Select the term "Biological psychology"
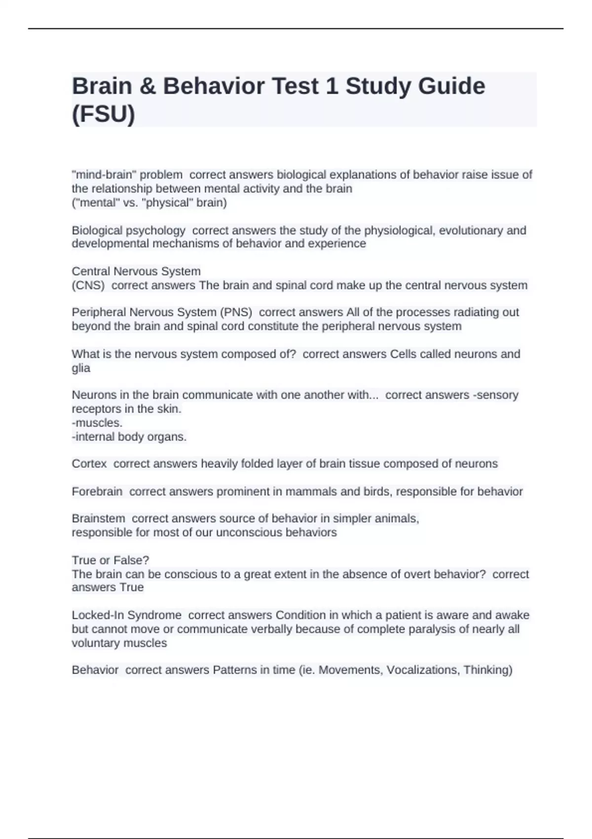pos(128,230)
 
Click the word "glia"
pos(81,368)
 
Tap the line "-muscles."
pos(97,423)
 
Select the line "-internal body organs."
pos(129,437)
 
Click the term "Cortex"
pos(89,464)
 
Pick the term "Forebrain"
pos(97,492)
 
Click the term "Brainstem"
pos(99,519)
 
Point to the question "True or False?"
pos(111,560)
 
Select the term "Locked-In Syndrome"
pos(127,615)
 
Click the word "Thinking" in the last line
pos(486,670)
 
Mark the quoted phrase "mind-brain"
pos(105,175)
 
